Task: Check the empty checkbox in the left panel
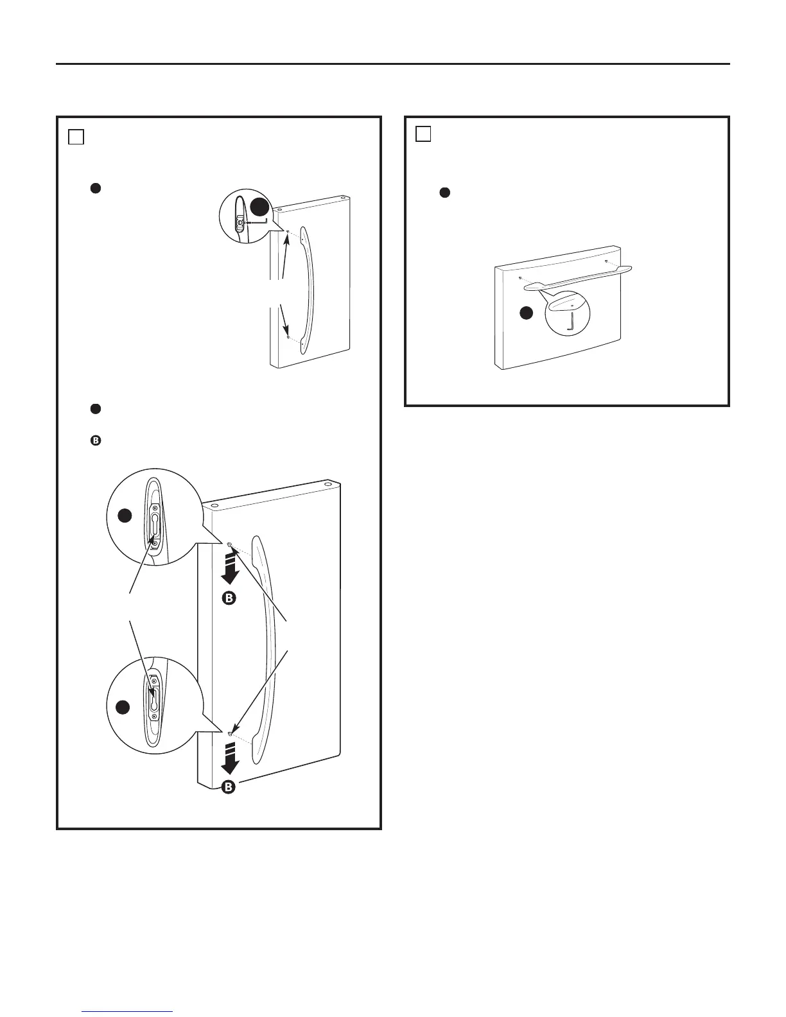[x=76, y=137]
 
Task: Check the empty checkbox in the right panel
[x=423, y=134]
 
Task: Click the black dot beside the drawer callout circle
[x=526, y=313]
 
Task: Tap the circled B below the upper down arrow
[x=229, y=598]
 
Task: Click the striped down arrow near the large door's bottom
[x=229, y=758]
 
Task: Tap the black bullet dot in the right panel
[x=444, y=193]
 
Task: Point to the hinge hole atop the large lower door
[x=327, y=486]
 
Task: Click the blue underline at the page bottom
[x=128, y=1012]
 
